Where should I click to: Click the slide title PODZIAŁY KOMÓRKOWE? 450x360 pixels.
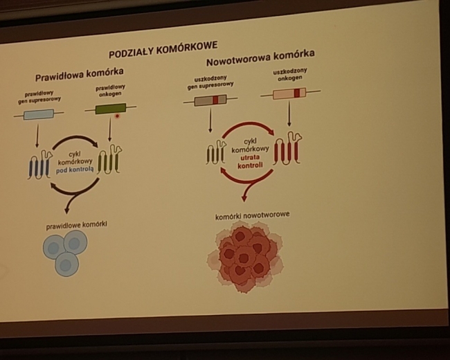coord(163,49)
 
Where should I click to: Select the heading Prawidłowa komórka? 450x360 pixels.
coord(80,74)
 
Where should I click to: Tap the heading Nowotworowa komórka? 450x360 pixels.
coord(260,57)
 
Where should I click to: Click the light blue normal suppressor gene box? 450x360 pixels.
coord(39,114)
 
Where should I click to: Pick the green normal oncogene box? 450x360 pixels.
coord(111,109)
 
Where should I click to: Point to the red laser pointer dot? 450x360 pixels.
coord(117,116)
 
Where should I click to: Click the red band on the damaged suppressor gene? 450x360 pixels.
coord(215,100)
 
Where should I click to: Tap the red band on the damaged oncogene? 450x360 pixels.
coord(297,93)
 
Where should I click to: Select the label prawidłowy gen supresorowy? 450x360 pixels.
coord(39,97)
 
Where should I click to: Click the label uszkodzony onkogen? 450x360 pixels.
coord(290,74)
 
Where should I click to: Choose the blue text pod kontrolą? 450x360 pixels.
coord(75,170)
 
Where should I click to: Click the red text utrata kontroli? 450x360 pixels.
coord(250,161)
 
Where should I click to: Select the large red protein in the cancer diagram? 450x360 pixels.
coord(287,148)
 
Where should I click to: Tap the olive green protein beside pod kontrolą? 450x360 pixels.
coord(109,160)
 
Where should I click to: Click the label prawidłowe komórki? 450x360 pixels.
coord(77,225)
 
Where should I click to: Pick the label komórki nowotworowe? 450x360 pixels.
coord(252,215)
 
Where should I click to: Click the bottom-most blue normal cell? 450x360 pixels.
coord(66,264)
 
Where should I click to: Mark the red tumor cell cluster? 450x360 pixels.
coord(245,257)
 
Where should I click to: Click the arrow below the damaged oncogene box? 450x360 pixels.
coord(289,114)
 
